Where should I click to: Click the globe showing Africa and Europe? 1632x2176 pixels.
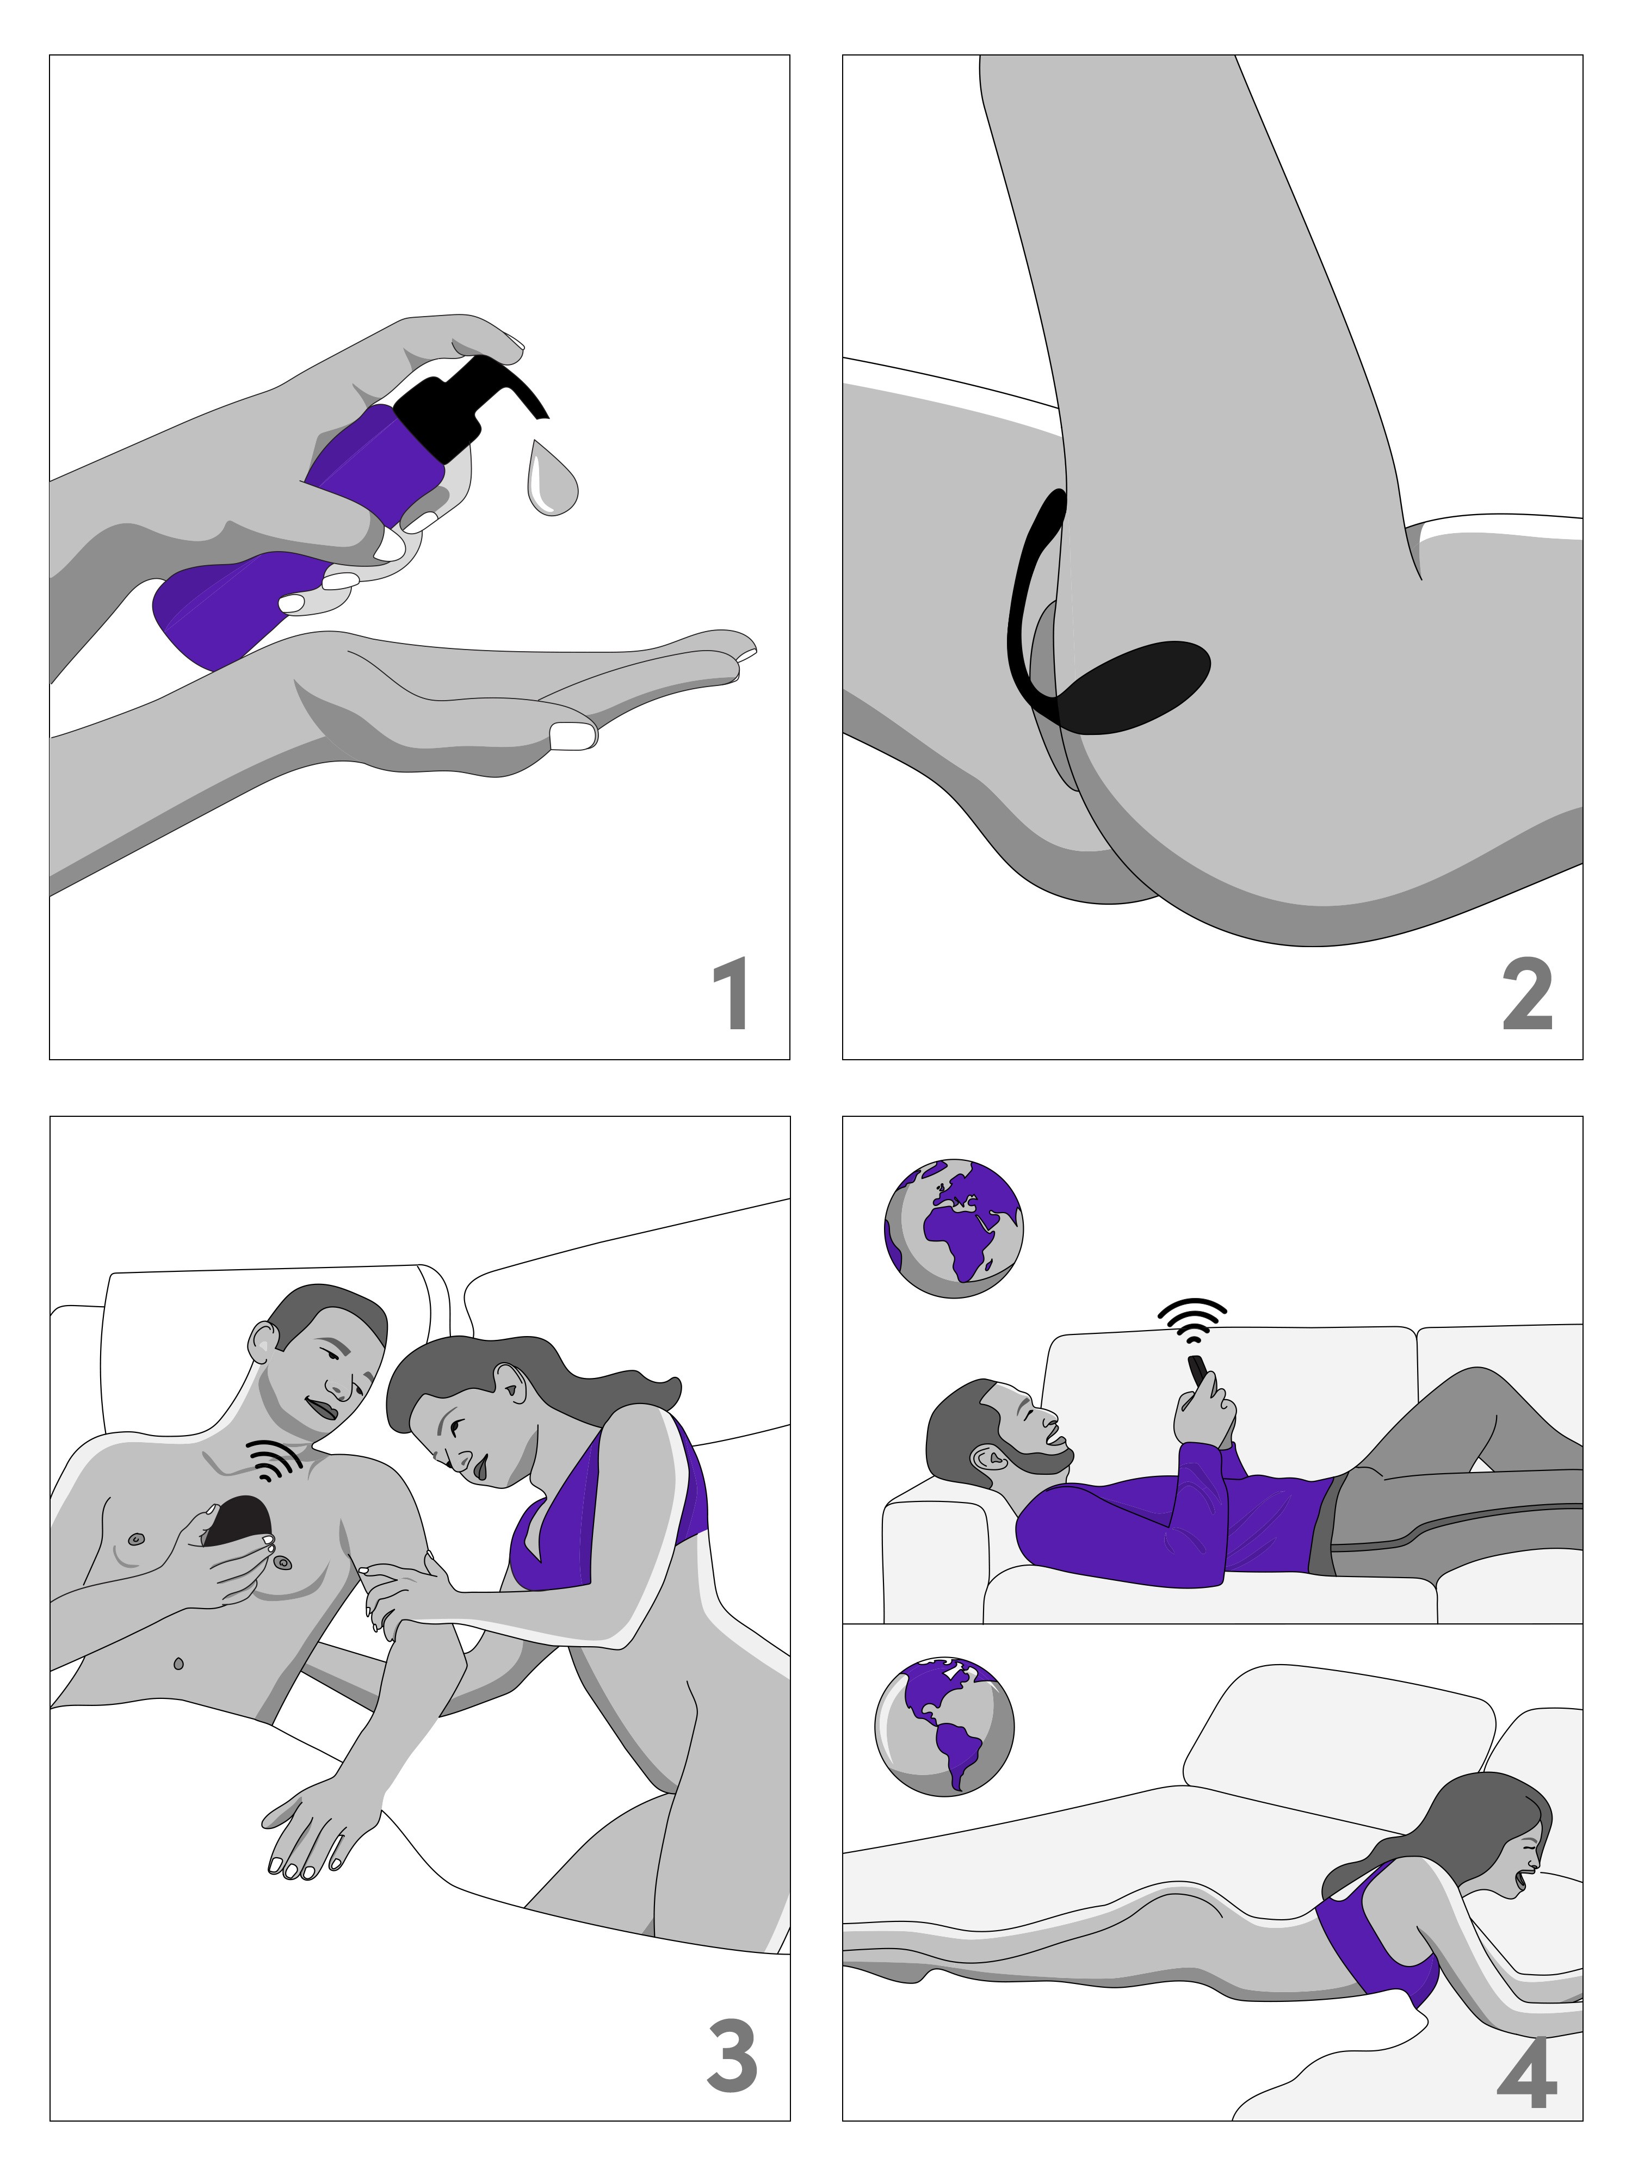pos(953,1229)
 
